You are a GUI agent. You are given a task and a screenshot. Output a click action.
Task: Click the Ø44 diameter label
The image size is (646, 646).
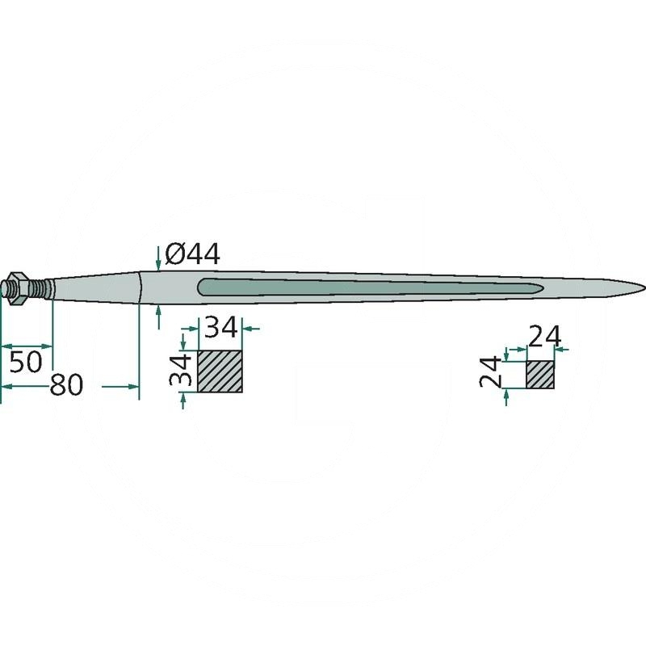click(x=192, y=254)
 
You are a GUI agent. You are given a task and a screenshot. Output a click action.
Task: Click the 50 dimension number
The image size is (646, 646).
click(x=26, y=362)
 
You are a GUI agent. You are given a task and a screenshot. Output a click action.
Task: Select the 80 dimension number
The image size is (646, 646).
click(x=66, y=385)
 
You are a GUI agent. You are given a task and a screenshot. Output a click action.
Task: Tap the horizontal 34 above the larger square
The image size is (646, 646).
click(x=221, y=327)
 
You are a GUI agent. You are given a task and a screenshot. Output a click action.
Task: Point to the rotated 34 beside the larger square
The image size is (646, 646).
click(x=180, y=370)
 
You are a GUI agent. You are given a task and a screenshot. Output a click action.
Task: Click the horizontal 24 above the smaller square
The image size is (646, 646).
click(x=544, y=337)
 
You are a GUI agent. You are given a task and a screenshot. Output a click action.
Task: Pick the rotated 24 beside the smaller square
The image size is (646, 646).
click(x=491, y=373)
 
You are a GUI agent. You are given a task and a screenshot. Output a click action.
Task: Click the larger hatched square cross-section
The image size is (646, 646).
click(x=220, y=371)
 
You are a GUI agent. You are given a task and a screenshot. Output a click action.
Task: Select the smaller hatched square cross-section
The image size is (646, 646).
click(x=540, y=375)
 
